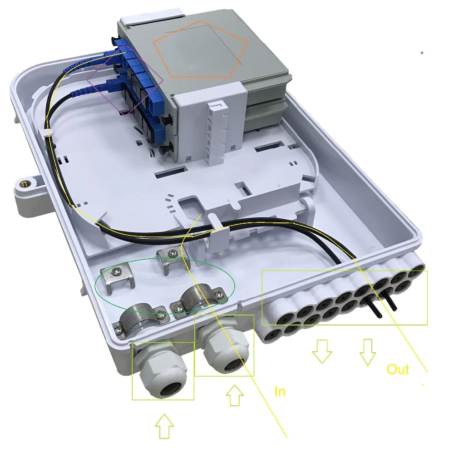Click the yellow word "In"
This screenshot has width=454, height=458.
point(280,392)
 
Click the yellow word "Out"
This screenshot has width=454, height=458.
point(398,369)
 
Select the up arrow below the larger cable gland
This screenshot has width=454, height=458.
point(164,426)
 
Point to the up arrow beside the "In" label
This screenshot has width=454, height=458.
point(235,395)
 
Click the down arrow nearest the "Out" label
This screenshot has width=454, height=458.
point(368,352)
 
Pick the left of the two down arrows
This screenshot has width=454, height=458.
point(322,351)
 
